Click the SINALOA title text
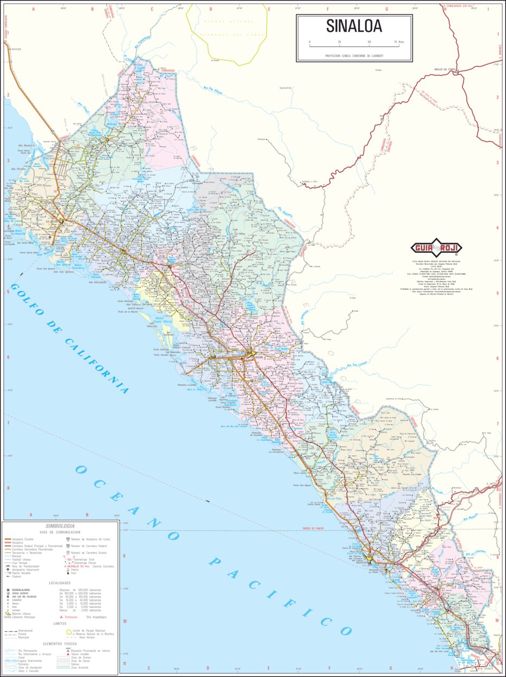click(x=354, y=26)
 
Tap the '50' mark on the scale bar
click(x=369, y=42)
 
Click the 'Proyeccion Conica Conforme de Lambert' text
click(x=354, y=55)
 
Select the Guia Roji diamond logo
click(x=434, y=249)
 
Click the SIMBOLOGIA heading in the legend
click(x=60, y=526)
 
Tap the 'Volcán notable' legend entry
click(x=84, y=654)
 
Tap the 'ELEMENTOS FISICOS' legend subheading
click(x=60, y=644)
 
